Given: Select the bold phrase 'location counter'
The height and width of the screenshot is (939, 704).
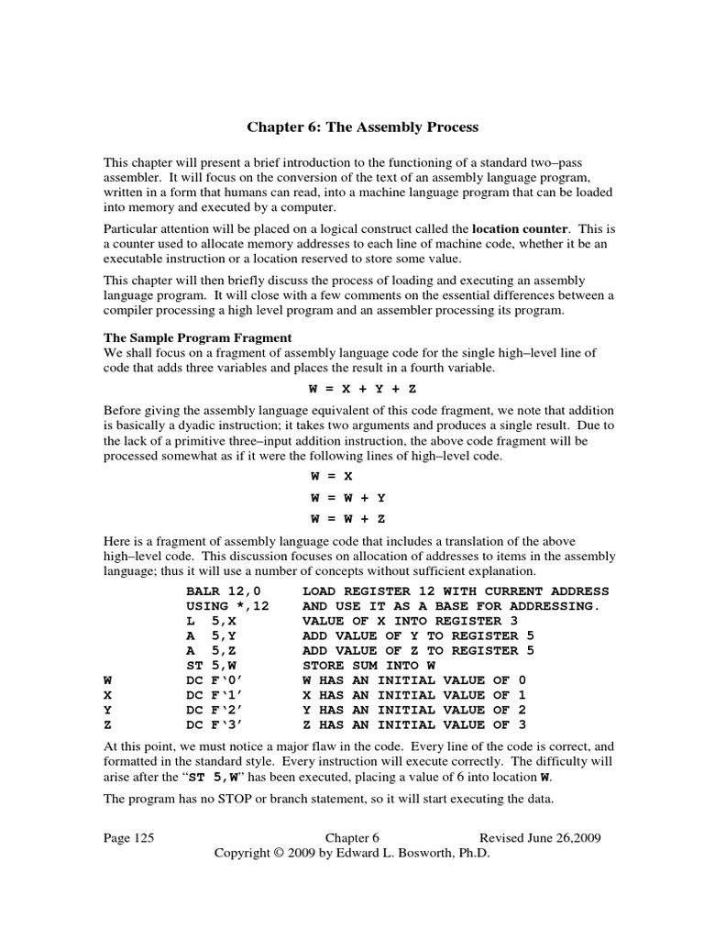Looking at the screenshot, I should (520, 226).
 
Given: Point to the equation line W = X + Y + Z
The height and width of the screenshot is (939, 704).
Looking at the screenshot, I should (352, 388).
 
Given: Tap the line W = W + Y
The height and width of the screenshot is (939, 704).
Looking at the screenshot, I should (346, 498).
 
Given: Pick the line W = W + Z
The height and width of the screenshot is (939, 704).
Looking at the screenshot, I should (346, 519).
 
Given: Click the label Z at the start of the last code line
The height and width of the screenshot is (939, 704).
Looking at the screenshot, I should (107, 724).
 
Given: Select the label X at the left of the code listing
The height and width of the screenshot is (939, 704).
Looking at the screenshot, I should (107, 694).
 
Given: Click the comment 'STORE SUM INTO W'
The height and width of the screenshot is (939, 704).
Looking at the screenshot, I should (368, 665).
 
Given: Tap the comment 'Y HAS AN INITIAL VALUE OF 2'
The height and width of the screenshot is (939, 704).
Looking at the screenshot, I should (414, 709).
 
